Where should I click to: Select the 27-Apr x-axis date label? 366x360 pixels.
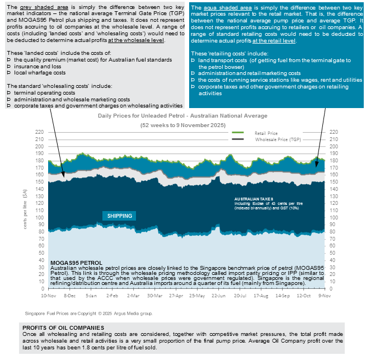tap(176, 294)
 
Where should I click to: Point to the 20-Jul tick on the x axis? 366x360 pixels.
tap(240, 294)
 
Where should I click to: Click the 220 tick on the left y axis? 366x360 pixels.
tap(39, 132)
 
